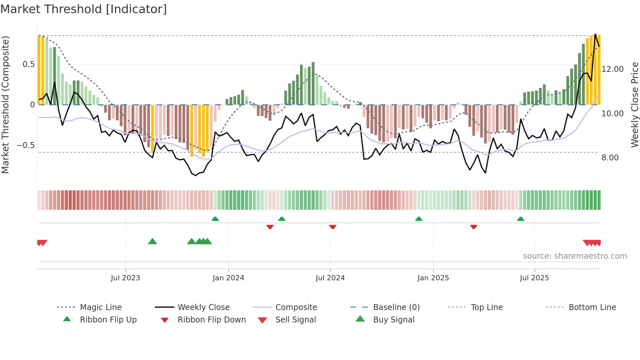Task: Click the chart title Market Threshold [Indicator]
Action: pyautogui.click(x=84, y=9)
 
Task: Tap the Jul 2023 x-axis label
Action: pyautogui.click(x=125, y=278)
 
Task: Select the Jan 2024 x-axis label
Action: pyautogui.click(x=228, y=278)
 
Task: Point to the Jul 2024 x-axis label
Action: pyautogui.click(x=330, y=278)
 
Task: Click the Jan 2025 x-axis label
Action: pyautogui.click(x=433, y=278)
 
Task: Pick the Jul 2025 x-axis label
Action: pyautogui.click(x=534, y=278)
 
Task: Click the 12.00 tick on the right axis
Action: pyautogui.click(x=613, y=69)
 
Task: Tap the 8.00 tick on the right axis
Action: pyautogui.click(x=610, y=158)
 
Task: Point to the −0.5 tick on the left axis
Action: pyautogui.click(x=26, y=145)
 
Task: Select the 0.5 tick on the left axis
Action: pyautogui.click(x=29, y=64)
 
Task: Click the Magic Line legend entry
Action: pyautogui.click(x=101, y=307)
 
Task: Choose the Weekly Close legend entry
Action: pyautogui.click(x=203, y=307)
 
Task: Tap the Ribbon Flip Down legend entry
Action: pyautogui.click(x=212, y=319)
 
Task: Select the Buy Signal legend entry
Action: pyautogui.click(x=393, y=319)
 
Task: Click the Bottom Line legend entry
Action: pyautogui.click(x=592, y=307)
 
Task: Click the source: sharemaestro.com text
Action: pyautogui.click(x=575, y=256)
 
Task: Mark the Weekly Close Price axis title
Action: pyautogui.click(x=634, y=105)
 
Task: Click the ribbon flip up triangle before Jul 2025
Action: pyautogui.click(x=520, y=219)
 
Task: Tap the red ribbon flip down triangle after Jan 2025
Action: pyautogui.click(x=473, y=227)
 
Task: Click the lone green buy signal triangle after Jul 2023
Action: pyautogui.click(x=152, y=241)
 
